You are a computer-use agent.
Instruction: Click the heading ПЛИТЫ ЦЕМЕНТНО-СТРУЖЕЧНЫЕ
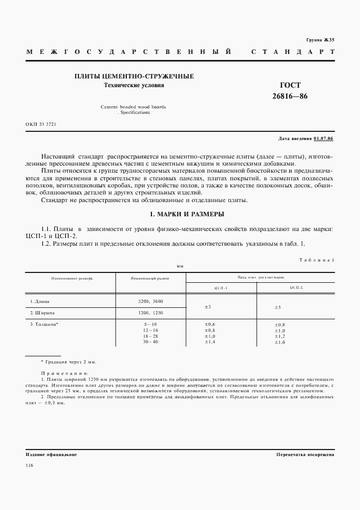[134, 77]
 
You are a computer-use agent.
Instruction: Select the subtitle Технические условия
[134, 86]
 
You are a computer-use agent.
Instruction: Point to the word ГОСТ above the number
[290, 85]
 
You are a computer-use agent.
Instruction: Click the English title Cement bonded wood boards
[133, 107]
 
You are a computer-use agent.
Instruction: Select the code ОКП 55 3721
[41, 125]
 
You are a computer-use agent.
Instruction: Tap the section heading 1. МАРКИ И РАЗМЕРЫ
[180, 214]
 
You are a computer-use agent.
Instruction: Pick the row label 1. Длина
[40, 301]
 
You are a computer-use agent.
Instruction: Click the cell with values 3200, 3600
[150, 301]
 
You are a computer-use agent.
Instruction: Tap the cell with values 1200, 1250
[150, 313]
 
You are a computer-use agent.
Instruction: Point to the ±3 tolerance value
[208, 307]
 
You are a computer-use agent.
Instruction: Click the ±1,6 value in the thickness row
[280, 342]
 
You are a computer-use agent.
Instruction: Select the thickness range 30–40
[150, 342]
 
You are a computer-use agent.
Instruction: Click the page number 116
[29, 465]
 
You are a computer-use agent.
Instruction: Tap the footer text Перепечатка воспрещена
[305, 454]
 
